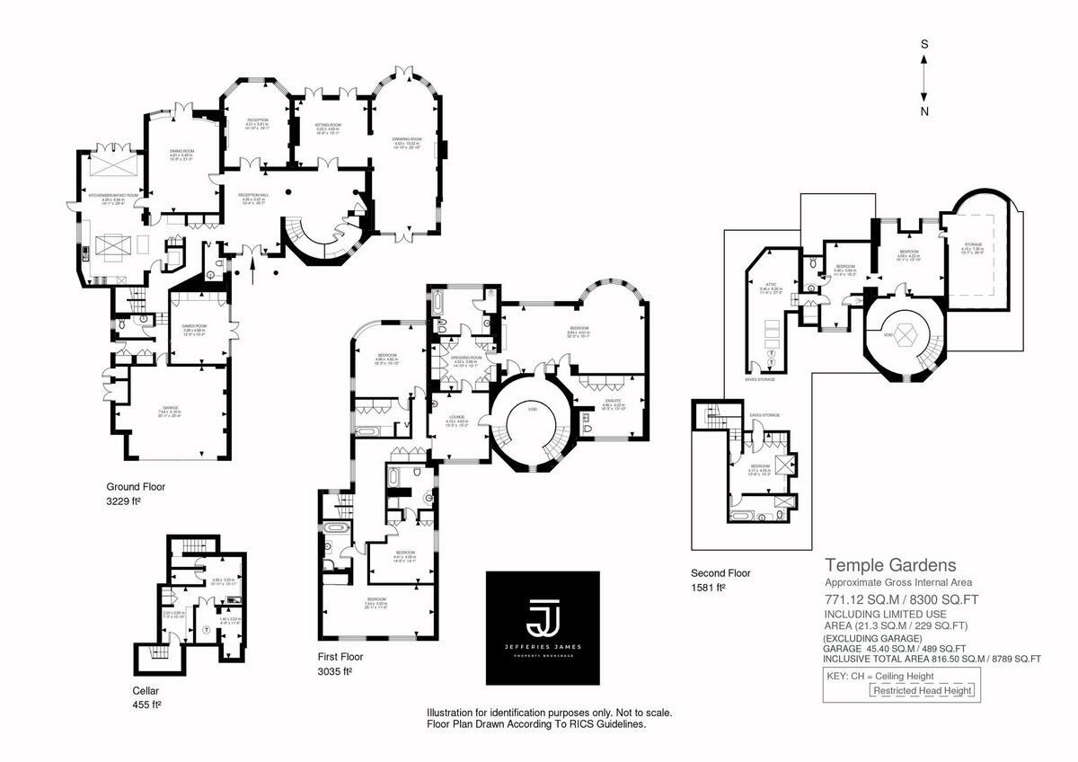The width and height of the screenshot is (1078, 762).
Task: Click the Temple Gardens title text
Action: pos(890,565)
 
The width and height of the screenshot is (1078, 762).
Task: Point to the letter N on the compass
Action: pos(924,111)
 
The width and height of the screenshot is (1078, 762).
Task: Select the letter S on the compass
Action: pos(924,43)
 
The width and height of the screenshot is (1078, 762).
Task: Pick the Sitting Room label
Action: pos(327,127)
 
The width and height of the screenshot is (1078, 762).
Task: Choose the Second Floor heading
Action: pos(720,572)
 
